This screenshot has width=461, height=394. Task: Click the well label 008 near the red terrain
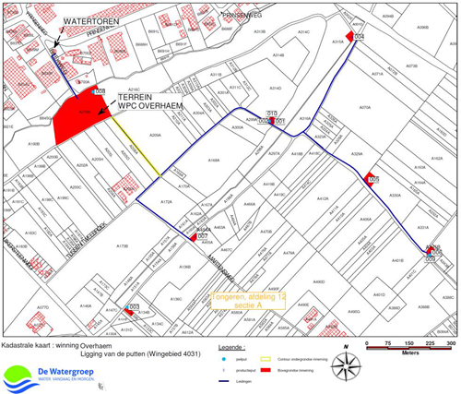(99, 91)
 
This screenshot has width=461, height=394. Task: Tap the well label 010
(272, 113)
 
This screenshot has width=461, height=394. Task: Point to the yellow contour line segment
(143, 152)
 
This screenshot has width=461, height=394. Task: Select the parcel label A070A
(364, 108)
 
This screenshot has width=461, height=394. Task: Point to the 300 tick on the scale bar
(451, 341)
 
